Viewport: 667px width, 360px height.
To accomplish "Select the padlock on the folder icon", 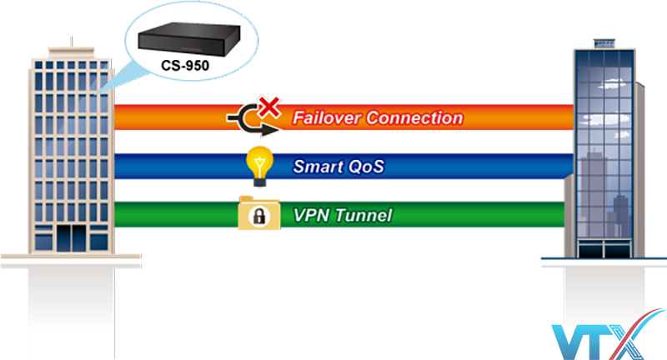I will pos(259,217).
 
